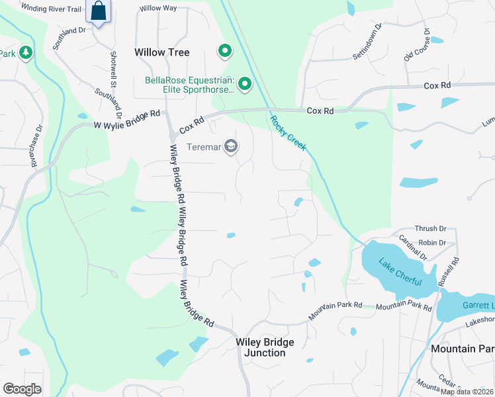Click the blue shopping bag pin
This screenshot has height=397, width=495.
[x=99, y=12]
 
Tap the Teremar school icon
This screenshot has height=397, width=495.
[x=231, y=146]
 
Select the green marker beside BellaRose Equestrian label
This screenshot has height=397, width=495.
[x=245, y=83]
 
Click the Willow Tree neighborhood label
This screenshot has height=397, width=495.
[x=161, y=52]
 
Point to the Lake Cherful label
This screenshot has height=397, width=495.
[x=400, y=272]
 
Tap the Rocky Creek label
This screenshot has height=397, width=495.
[x=288, y=133]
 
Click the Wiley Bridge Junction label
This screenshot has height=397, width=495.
[x=265, y=347]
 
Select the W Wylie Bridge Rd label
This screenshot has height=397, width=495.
[x=127, y=119]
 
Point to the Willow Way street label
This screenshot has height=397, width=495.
[x=158, y=9]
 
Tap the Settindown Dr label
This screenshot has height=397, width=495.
[x=368, y=44]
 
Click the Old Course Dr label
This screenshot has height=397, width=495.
[x=418, y=45]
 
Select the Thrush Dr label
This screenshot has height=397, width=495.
[x=430, y=229]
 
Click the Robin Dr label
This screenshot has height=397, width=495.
[x=432, y=243]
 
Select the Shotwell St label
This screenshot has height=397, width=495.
[x=113, y=69]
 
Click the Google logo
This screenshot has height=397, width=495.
[x=22, y=388]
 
